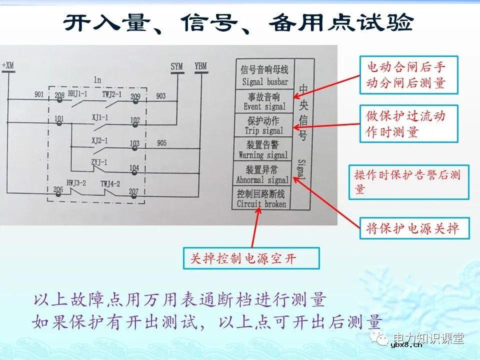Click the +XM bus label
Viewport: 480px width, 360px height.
[9, 66]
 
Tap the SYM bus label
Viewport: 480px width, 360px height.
[176, 65]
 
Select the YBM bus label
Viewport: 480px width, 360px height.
[200, 65]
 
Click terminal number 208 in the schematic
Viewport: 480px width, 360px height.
[59, 94]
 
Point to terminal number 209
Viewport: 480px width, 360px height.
[135, 96]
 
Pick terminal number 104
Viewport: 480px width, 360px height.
[134, 167]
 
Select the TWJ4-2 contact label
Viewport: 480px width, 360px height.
[110, 183]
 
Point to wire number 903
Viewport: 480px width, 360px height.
[161, 95]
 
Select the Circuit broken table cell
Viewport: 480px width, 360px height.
[261, 198]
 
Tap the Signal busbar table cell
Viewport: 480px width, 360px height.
[264, 75]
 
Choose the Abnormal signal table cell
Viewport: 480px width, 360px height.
[263, 174]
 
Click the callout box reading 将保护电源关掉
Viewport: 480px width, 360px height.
[408, 229]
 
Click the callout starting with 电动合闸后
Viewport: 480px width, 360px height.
[409, 75]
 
